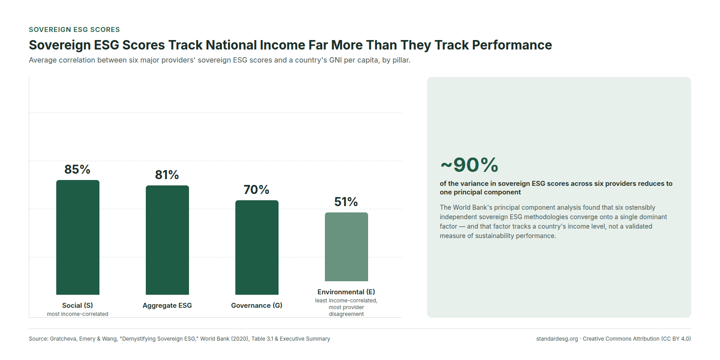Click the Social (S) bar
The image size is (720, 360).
point(78,237)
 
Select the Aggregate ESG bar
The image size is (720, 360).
point(167,240)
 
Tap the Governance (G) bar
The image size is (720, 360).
point(257,247)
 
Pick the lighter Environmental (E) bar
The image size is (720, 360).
point(346,247)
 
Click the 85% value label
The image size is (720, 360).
point(77,169)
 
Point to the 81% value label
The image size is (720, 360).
point(167,175)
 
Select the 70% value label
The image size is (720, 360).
point(256,189)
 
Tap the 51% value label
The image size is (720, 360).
point(346,202)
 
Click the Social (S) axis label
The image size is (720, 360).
point(77,306)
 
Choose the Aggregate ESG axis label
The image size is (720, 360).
point(167,306)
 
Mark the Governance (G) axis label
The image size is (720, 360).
point(256,306)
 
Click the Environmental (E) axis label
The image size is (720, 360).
point(346,292)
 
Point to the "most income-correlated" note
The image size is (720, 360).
point(77,314)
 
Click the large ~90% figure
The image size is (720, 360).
point(469,165)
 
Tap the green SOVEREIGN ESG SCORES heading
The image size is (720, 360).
point(74,30)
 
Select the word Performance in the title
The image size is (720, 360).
point(512,45)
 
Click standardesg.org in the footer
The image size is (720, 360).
point(557,339)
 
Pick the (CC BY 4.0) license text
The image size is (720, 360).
point(676,339)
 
